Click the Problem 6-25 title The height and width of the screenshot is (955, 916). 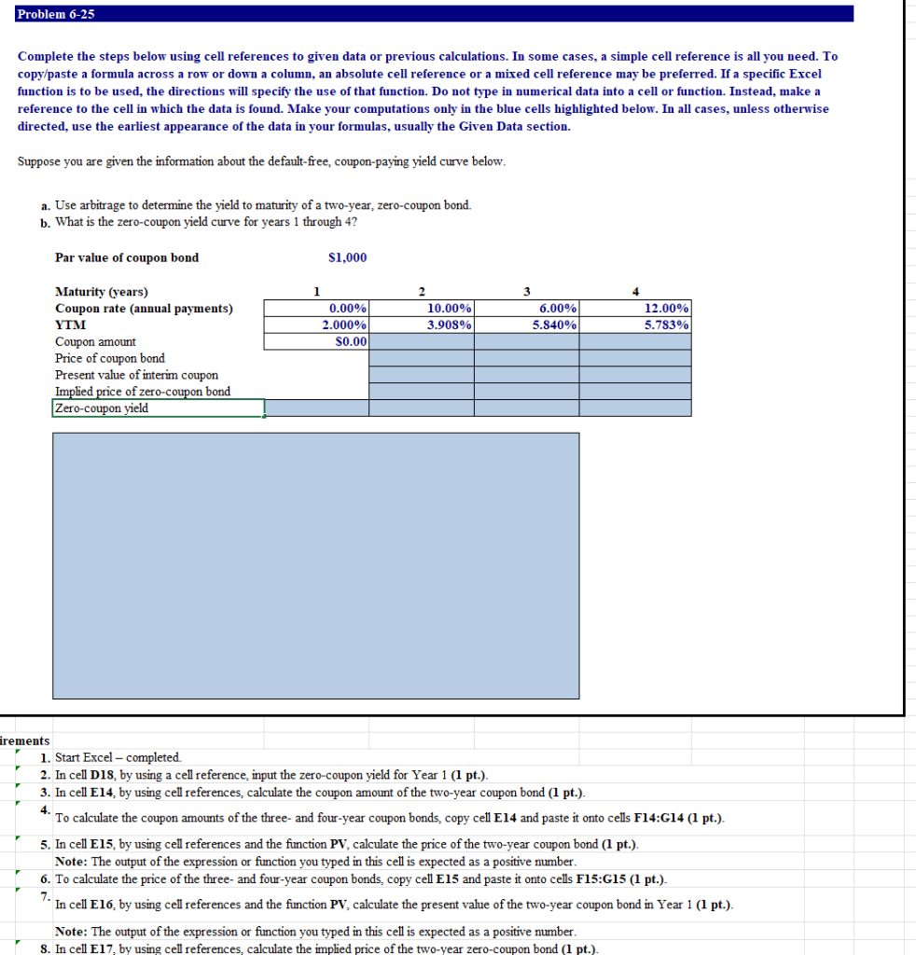tap(56, 14)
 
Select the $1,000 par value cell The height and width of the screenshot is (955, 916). tap(348, 257)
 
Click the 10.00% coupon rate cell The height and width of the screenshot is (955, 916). tap(422, 309)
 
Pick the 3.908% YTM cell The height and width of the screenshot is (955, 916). tap(422, 325)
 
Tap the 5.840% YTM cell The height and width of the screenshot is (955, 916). tap(527, 325)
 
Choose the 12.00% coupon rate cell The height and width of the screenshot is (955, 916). tap(635, 309)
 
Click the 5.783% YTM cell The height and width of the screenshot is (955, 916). tap(635, 325)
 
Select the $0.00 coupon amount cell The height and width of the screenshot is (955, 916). tap(317, 342)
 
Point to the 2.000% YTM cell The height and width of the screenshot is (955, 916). tap(317, 325)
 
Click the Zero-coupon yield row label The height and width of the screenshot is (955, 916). tap(102, 408)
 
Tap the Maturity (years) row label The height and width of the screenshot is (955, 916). tap(102, 292)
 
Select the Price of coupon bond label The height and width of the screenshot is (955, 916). tap(110, 358)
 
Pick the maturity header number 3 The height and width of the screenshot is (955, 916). tap(527, 290)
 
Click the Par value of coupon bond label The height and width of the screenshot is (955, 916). tap(127, 257)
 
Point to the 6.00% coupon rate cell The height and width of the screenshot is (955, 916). tap(527, 309)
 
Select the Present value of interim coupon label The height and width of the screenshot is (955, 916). tap(136, 375)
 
